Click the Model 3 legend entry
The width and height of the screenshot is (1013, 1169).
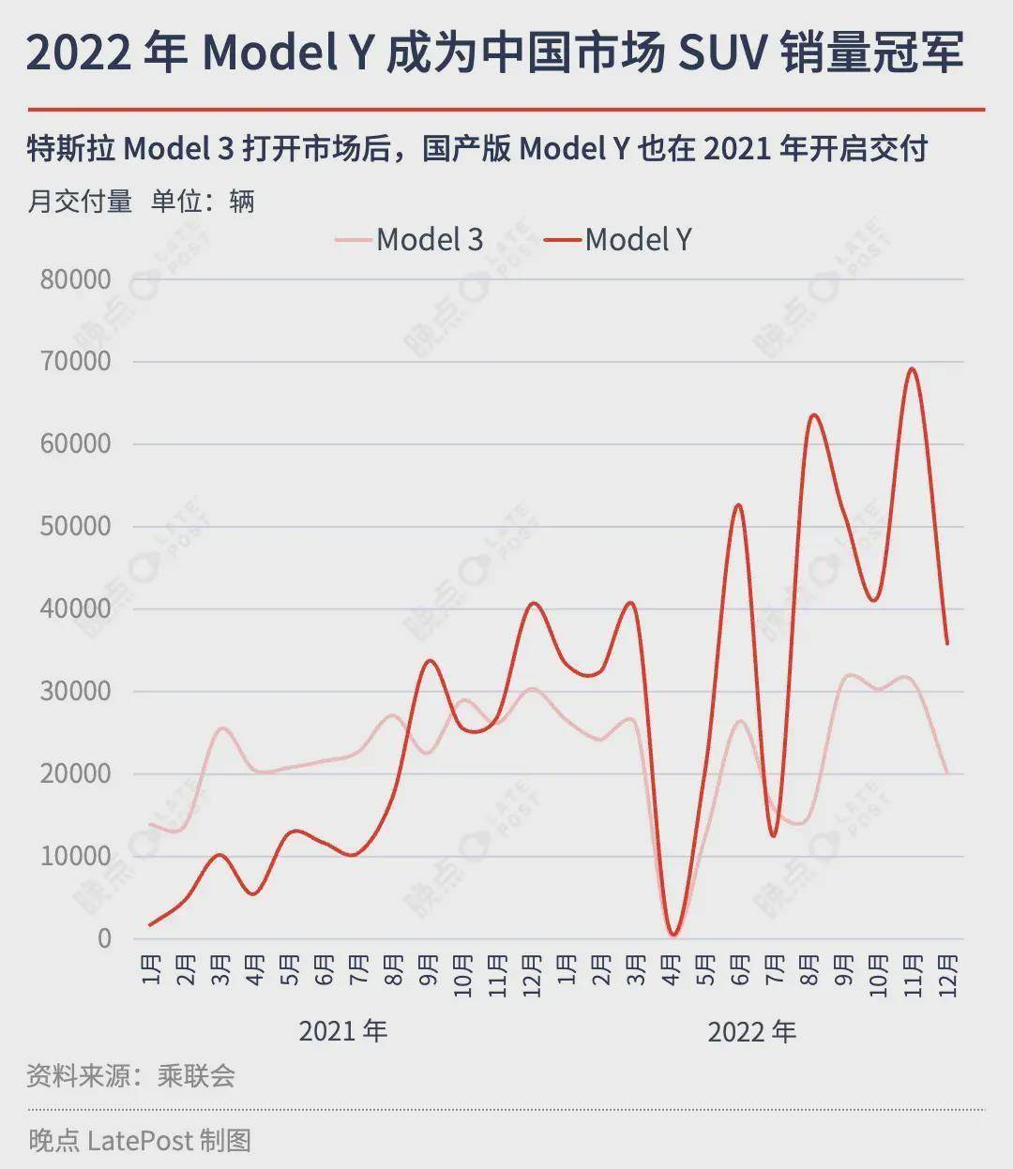click(x=410, y=240)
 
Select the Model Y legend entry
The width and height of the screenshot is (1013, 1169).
click(x=619, y=240)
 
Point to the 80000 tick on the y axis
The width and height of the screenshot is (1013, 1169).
click(x=75, y=279)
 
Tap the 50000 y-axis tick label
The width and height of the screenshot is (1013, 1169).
click(x=75, y=526)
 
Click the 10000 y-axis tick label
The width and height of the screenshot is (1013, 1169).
click(x=75, y=856)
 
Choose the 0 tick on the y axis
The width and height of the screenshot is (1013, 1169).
click(x=103, y=938)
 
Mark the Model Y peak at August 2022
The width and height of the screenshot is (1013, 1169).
click(x=812, y=415)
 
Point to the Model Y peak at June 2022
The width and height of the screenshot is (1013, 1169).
click(x=739, y=505)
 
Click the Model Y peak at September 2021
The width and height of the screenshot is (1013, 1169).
click(x=429, y=661)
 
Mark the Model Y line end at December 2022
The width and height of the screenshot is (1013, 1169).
click(x=947, y=643)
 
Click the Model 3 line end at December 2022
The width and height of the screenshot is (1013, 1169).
click(x=947, y=772)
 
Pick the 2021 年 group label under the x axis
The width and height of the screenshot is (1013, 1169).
click(x=342, y=1031)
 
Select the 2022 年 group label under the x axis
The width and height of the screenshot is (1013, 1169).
click(x=751, y=1031)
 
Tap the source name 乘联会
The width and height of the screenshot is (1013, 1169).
click(x=196, y=1075)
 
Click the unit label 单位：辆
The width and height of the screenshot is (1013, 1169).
click(x=203, y=201)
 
